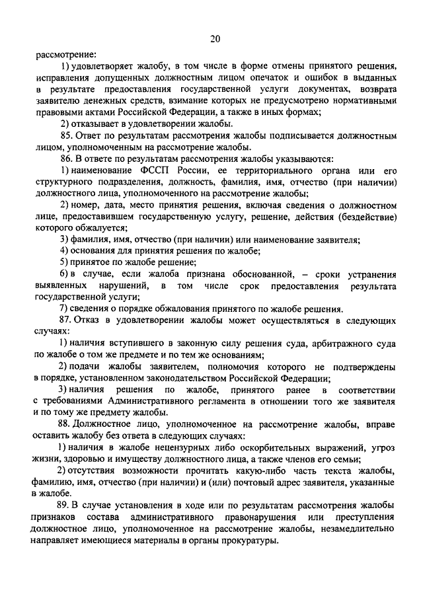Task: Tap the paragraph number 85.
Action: pyautogui.click(x=65, y=135)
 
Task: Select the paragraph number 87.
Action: pyautogui.click(x=65, y=320)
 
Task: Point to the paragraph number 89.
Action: pyautogui.click(x=65, y=505)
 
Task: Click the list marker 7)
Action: pyautogui.click(x=64, y=309)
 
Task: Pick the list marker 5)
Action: pyautogui.click(x=64, y=262)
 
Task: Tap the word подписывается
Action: pyautogui.click(x=291, y=135)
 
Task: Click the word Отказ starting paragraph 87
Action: pyautogui.click(x=89, y=320)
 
